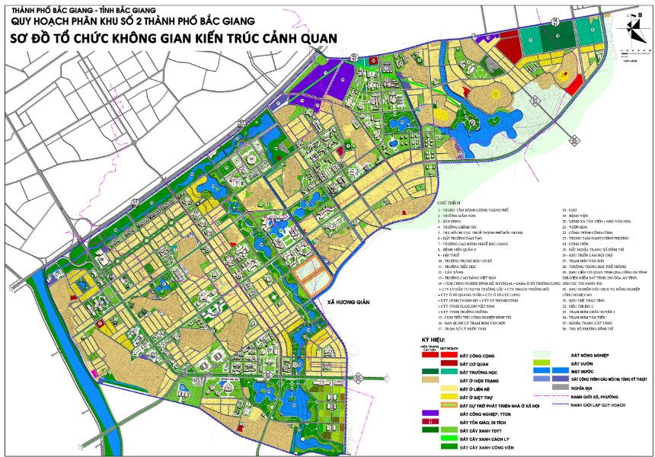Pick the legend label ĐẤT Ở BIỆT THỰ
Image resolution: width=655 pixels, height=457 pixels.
click(x=478, y=397)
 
